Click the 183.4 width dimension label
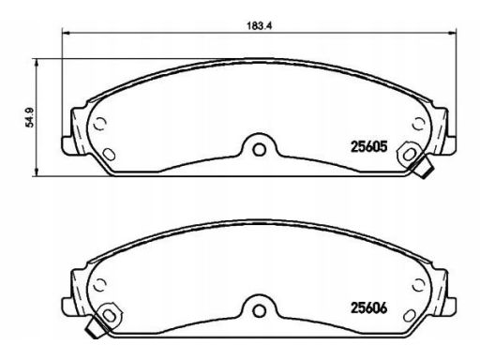(260, 26)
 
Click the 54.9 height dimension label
(30, 117)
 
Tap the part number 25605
(369, 146)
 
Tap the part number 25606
(369, 308)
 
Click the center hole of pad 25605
(259, 149)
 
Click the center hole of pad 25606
(259, 310)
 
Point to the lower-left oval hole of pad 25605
(109, 154)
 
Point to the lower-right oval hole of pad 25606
(410, 315)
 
